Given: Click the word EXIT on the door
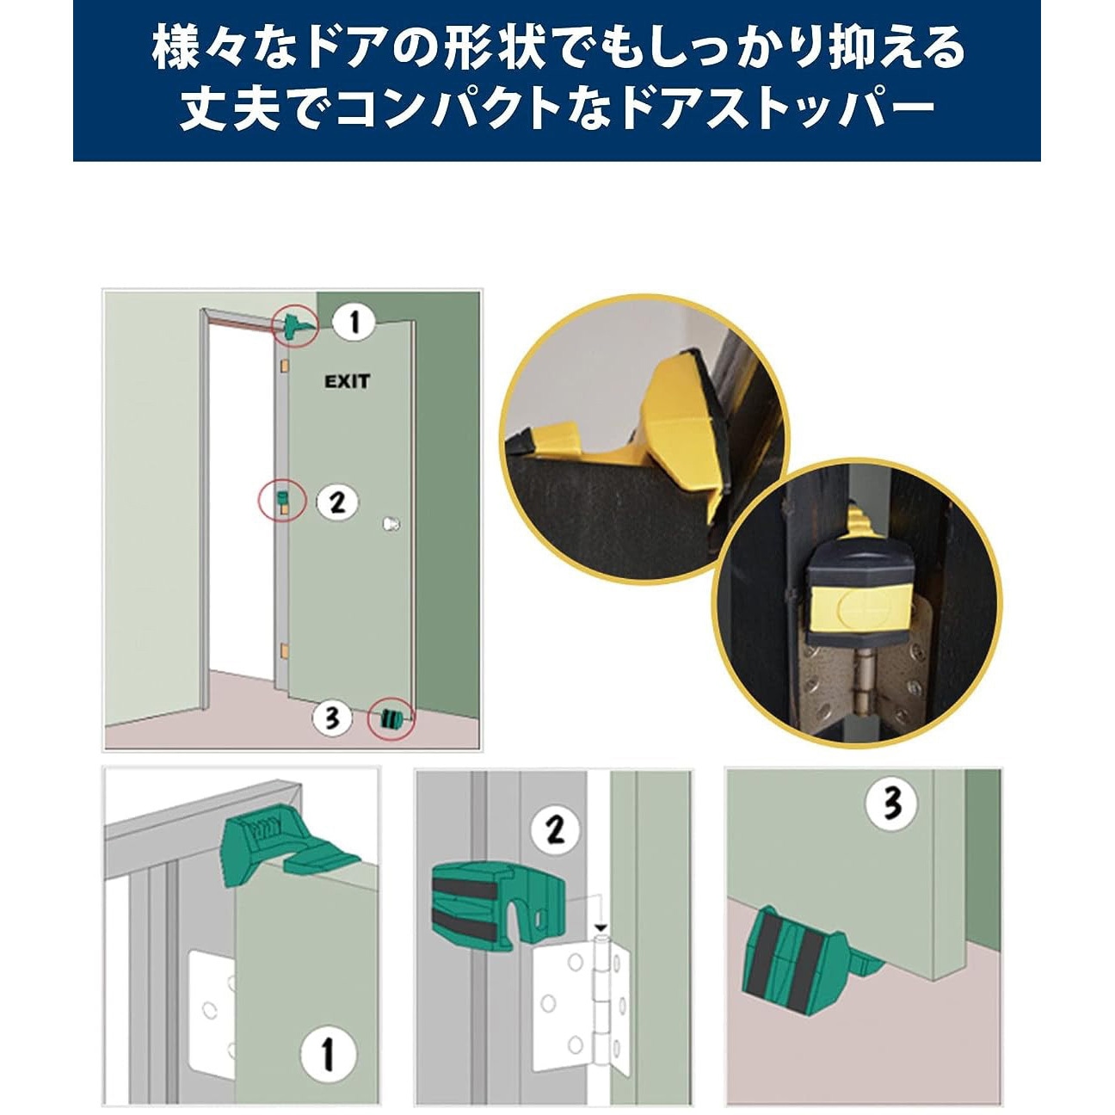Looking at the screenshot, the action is coord(347,381).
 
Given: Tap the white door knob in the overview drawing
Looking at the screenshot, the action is coord(391,524).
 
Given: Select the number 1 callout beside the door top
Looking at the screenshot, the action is coord(354,322).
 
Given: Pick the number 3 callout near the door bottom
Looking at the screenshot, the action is coord(331,718).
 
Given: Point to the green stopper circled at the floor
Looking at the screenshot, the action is coord(391,720).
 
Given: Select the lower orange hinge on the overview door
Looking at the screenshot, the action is coord(284,651).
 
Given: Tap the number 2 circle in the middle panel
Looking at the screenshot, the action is coord(555,830).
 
